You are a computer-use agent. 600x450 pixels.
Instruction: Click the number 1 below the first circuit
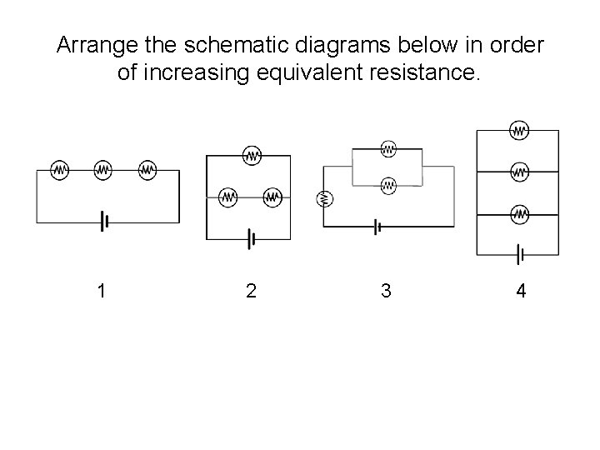point(101,291)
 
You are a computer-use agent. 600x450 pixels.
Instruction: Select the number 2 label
point(251,291)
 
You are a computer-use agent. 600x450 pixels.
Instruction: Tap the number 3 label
point(386,291)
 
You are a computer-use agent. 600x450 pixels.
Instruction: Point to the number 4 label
point(521,291)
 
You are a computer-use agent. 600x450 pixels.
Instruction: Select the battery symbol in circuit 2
point(251,240)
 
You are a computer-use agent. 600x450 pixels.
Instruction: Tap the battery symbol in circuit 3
point(377,226)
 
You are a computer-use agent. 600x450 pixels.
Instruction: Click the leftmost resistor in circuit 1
point(60,169)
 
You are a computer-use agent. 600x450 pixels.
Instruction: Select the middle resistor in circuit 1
point(103,169)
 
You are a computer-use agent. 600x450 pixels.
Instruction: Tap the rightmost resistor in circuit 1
point(147,169)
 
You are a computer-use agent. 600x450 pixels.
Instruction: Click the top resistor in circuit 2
point(252,155)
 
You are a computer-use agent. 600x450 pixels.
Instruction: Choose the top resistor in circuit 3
point(387,149)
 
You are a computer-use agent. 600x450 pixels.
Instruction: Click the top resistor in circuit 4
point(519,130)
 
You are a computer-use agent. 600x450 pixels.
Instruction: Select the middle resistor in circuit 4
point(519,172)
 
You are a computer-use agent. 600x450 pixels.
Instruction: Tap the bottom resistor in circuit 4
point(519,213)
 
